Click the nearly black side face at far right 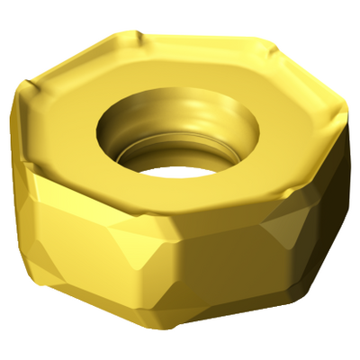[x=337, y=198]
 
